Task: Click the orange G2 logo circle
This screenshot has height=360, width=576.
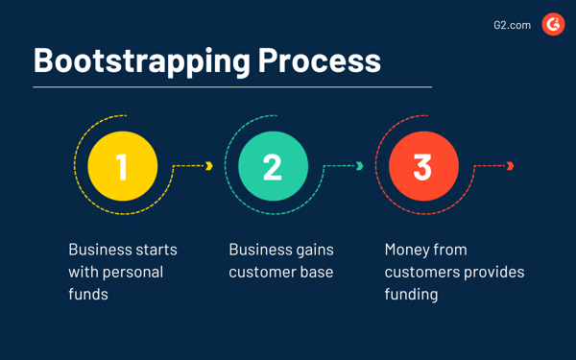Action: (x=553, y=24)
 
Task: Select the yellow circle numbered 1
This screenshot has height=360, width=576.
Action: (x=122, y=166)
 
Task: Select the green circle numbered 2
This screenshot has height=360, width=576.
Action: (x=273, y=166)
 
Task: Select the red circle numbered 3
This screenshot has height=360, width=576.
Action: (x=422, y=166)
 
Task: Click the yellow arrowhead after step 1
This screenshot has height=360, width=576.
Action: (x=209, y=166)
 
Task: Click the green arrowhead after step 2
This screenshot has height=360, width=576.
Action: (x=360, y=166)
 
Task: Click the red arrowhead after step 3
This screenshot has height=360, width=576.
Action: (x=511, y=166)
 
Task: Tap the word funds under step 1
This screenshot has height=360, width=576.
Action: (x=88, y=294)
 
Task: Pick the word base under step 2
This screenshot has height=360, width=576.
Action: (x=316, y=272)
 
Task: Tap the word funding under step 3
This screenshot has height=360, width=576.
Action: (x=411, y=294)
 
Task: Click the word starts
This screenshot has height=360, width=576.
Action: (x=155, y=250)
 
